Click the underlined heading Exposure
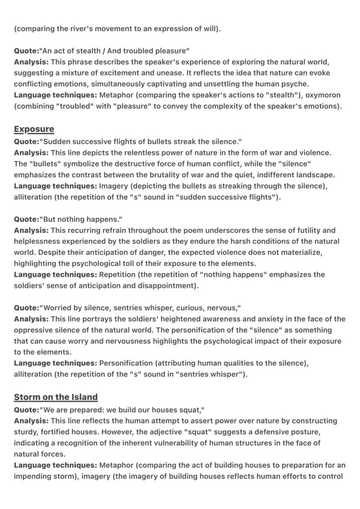[x=34, y=129]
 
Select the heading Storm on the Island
[x=56, y=397]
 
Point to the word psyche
[x=296, y=83]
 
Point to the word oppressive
[x=33, y=330]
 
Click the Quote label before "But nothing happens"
[x=26, y=219]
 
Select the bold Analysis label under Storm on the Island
[x=31, y=421]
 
